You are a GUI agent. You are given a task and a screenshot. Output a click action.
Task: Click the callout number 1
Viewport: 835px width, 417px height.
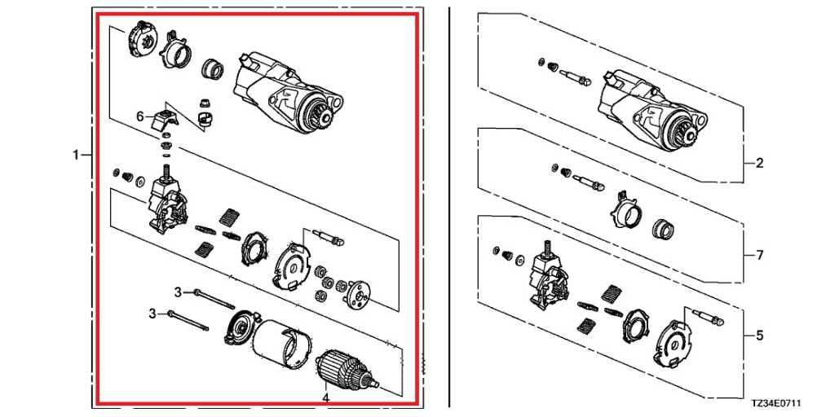pos(76,156)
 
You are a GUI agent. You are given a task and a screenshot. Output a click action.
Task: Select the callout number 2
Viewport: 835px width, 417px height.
pos(759,163)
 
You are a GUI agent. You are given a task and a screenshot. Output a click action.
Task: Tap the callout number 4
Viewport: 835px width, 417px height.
pos(325,397)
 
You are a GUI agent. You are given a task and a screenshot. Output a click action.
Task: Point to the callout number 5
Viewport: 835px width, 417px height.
pos(759,336)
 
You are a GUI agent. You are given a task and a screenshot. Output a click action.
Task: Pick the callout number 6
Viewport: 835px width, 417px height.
pos(140,116)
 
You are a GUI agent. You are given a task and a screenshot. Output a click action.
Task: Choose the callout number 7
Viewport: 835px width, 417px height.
pos(759,255)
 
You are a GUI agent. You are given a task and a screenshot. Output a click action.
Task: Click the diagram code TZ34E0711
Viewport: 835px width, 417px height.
pos(776,404)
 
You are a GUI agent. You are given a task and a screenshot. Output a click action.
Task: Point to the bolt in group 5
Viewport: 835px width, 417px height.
pos(708,317)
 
